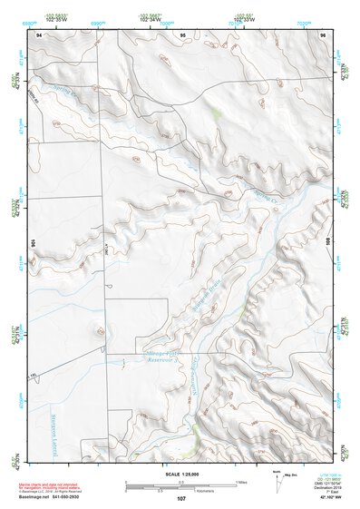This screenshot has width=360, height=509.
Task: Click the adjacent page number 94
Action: (x=39, y=34)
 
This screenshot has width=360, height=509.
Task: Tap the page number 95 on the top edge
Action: (x=182, y=34)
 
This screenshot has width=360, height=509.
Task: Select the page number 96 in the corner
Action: (x=322, y=34)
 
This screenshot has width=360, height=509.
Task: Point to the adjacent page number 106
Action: (x=33, y=243)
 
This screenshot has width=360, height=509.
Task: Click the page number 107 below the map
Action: (x=181, y=499)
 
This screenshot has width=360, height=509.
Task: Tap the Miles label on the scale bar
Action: (x=241, y=481)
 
